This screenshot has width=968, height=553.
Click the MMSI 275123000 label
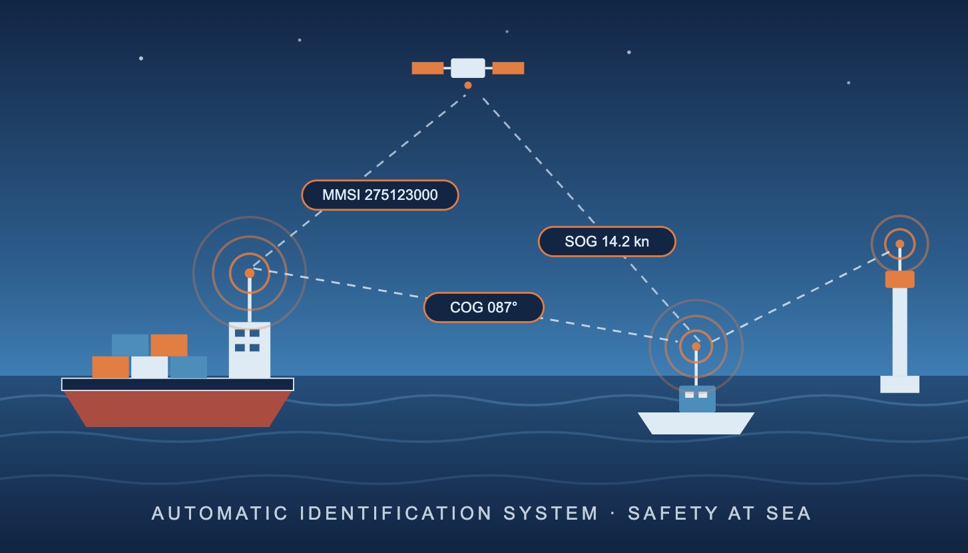(380, 195)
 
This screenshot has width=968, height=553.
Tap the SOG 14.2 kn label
(606, 241)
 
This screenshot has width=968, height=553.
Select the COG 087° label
(483, 307)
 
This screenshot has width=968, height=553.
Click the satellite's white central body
(468, 68)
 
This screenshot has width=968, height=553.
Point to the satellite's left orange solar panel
(427, 69)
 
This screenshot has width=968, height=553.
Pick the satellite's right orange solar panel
(508, 69)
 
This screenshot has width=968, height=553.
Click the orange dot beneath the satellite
(468, 85)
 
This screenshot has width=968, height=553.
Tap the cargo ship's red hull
(178, 408)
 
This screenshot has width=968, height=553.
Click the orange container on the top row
(169, 344)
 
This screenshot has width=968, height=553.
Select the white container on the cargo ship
(149, 367)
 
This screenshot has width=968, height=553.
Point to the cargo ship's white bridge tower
(250, 350)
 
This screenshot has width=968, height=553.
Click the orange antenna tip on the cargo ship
(250, 273)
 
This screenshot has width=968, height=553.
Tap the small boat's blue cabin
(697, 399)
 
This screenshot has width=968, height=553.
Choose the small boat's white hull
(696, 423)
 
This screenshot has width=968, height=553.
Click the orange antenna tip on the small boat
(696, 346)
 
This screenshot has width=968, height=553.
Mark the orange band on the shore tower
(899, 279)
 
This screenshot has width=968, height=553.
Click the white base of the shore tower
(899, 384)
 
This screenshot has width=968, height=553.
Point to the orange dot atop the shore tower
(899, 244)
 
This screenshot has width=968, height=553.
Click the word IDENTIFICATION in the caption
(396, 513)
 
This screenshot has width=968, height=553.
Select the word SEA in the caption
(789, 513)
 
